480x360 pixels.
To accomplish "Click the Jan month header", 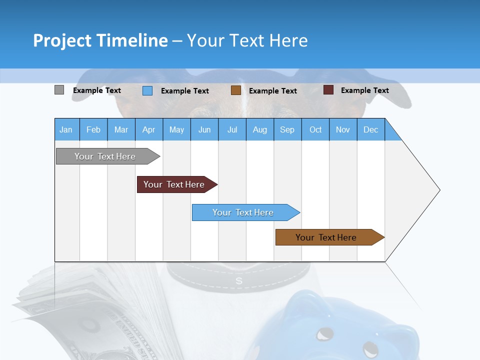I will [66, 129].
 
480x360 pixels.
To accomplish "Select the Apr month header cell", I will [148, 129].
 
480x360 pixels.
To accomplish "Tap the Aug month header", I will [259, 129].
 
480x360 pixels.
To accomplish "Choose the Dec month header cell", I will [370, 129].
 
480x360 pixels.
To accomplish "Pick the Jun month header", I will [204, 129].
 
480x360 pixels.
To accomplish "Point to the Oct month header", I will [315, 129].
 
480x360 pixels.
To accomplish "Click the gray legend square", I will [59, 90].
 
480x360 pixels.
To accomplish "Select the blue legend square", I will [147, 90].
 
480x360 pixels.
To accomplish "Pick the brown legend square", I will [235, 90].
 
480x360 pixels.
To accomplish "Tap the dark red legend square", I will [328, 90].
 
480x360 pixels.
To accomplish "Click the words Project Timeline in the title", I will [100, 40].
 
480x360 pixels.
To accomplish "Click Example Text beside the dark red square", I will [364, 90].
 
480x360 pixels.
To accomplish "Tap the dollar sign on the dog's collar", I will [239, 281].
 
